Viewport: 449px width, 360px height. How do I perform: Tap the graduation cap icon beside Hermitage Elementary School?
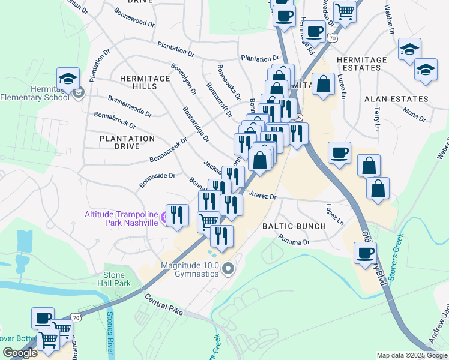coord(68,79)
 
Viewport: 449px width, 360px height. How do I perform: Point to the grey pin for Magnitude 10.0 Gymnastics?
coord(228,268)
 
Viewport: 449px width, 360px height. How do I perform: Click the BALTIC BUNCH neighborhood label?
coord(294,226)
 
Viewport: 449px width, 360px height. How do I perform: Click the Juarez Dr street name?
coord(262,196)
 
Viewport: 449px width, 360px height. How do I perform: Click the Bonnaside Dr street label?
coord(157,179)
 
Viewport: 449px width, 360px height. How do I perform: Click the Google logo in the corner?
coord(20,353)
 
